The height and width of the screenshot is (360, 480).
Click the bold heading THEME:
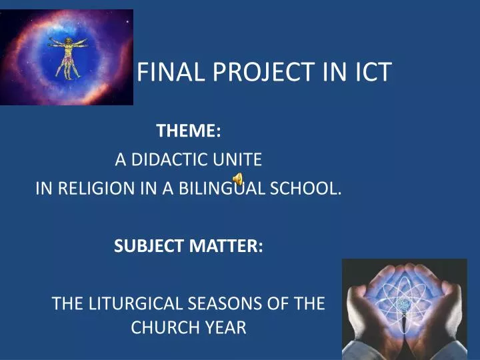click(189, 131)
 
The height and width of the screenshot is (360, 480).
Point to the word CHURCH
click(160, 327)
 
